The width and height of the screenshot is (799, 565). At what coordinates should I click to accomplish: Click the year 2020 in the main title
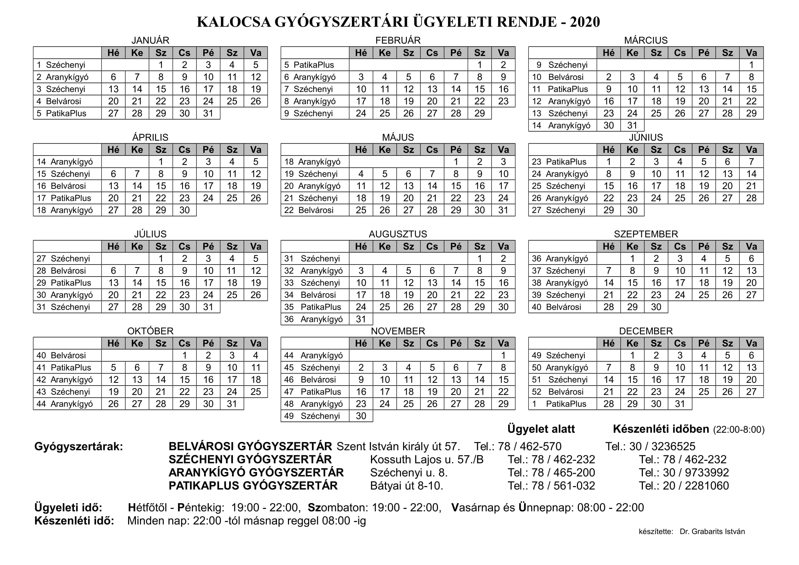[585, 22]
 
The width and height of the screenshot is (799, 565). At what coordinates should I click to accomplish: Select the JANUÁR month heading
[150, 40]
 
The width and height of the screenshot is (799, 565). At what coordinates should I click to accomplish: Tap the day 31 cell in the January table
[208, 113]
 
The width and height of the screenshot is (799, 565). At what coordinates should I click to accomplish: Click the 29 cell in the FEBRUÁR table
[480, 113]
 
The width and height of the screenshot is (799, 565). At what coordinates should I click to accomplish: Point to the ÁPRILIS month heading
[150, 137]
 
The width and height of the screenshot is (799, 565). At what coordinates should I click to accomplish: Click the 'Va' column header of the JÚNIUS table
[751, 150]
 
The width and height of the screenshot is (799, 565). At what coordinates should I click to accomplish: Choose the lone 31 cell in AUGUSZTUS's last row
[361, 319]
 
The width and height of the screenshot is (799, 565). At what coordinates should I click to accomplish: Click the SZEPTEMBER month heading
[646, 234]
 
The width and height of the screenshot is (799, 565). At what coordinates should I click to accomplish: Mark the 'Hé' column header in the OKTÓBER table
[113, 343]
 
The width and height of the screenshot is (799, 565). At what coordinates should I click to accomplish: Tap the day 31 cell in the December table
[680, 404]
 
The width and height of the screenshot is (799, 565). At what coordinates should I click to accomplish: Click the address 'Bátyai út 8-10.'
[407, 486]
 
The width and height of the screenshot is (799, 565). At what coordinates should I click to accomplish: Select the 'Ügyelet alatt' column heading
[541, 429]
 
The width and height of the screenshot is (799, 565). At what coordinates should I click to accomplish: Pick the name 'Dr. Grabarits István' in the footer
[712, 532]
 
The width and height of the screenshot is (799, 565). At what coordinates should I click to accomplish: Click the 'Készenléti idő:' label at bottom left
[74, 521]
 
